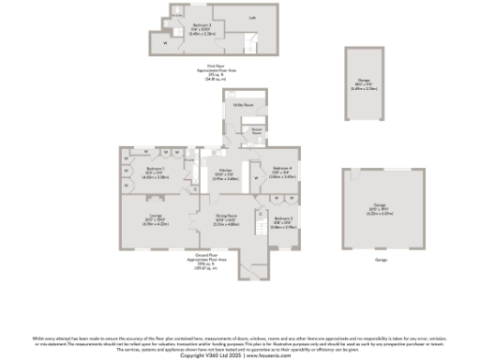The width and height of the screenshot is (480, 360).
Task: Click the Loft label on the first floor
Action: (226, 18)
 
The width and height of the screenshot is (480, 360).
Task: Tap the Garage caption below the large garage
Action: (381, 260)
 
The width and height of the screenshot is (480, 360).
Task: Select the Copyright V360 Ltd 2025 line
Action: (239, 353)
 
